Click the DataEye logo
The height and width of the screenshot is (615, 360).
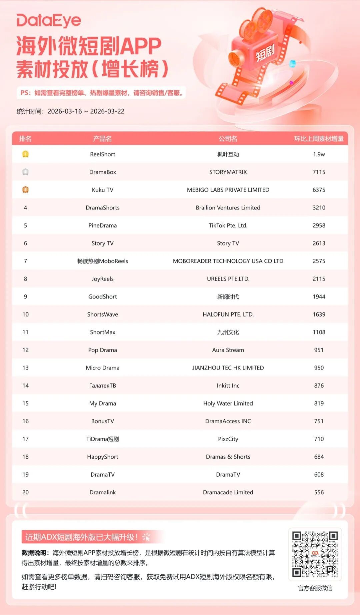(49, 21)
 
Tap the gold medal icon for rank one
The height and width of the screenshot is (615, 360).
(25, 154)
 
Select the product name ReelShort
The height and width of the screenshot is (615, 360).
(102, 154)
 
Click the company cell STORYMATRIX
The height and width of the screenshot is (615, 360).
(228, 172)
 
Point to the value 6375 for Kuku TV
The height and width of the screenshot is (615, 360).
(319, 190)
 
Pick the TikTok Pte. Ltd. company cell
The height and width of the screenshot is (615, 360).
(228, 225)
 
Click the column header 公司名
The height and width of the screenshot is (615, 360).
(228, 139)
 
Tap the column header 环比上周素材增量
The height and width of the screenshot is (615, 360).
(319, 139)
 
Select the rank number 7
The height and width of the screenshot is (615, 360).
(25, 261)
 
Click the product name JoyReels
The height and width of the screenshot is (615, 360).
(102, 279)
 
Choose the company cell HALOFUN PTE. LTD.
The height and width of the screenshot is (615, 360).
(228, 315)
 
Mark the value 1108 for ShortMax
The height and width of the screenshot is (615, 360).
(319, 332)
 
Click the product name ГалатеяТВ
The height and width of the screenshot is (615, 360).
(102, 386)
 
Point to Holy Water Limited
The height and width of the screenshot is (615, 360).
(228, 404)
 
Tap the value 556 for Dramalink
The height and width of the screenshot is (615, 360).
(319, 492)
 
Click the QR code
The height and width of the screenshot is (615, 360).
(315, 554)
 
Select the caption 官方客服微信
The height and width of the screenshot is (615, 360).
(315, 588)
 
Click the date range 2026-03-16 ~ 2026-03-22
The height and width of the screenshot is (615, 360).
(86, 111)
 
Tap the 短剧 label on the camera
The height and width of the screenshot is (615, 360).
(265, 53)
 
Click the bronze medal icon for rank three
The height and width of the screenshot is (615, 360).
(25, 190)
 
